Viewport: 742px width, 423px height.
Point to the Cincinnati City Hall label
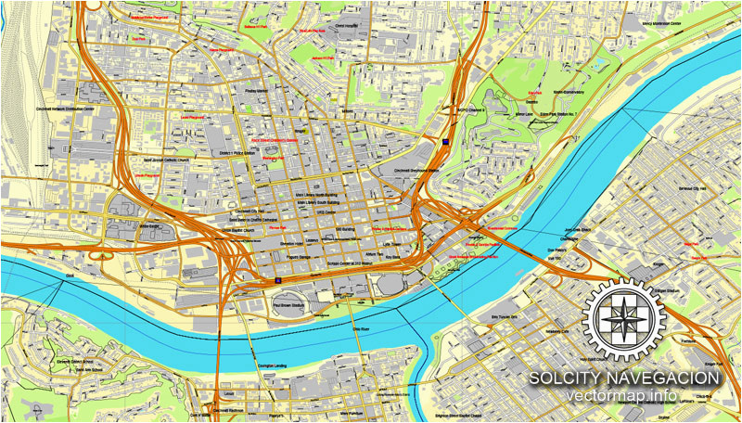(x=240, y=211)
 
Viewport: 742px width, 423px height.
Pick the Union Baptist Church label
(x=237, y=227)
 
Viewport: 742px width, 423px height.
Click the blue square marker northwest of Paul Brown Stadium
(x=277, y=277)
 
